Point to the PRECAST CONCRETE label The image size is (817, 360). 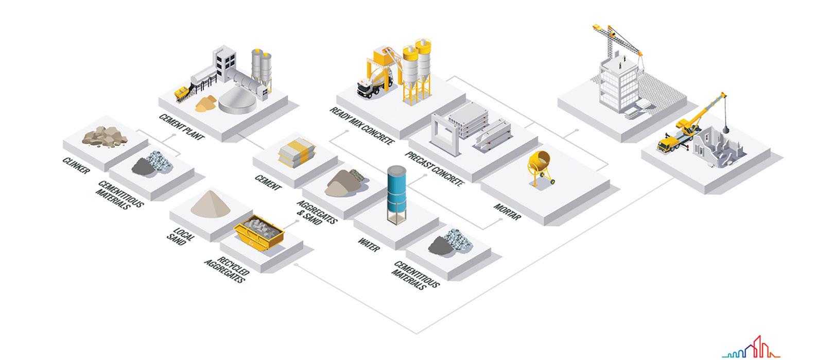coord(434,168)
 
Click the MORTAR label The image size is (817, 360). coord(507,212)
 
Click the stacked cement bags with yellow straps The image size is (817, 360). coord(293,152)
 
